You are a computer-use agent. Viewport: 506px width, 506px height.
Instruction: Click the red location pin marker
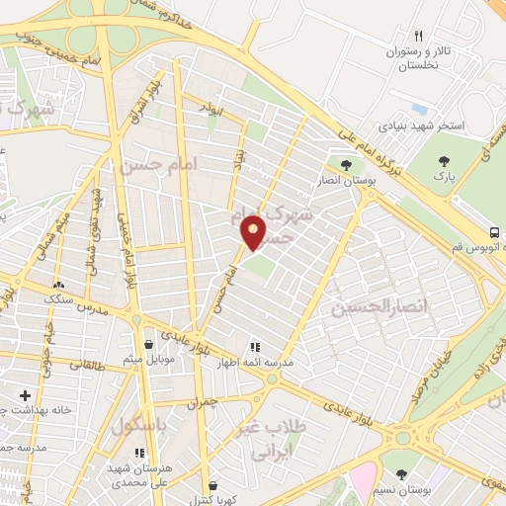tap(254, 231)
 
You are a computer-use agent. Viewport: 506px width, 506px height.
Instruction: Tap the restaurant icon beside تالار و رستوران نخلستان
tap(418, 36)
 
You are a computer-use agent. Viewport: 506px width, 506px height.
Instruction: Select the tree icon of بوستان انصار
tap(345, 164)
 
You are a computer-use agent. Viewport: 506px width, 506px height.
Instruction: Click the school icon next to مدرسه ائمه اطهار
tap(255, 347)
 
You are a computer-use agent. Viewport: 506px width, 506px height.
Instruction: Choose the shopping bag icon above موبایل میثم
tap(148, 344)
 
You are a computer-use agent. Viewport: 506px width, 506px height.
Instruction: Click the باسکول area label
tap(136, 427)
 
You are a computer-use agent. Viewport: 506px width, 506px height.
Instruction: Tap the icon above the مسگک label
tap(57, 285)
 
